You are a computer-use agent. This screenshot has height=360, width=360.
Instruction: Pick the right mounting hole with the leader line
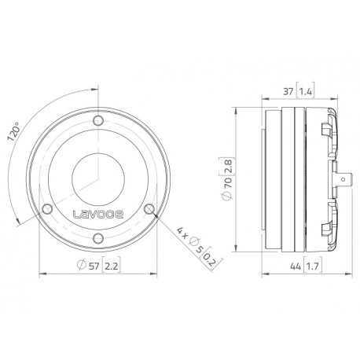point(149,208)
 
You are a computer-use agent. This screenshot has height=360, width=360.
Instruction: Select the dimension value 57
point(95,265)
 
